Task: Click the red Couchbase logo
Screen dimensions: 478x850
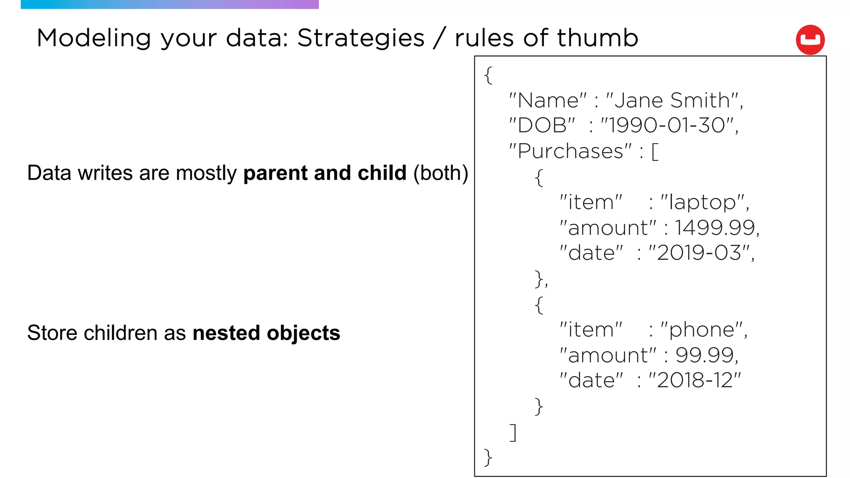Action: coord(810,40)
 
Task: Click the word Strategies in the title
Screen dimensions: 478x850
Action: coord(361,38)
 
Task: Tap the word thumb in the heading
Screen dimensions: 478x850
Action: coord(597,38)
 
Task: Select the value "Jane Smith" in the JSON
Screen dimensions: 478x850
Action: coord(672,100)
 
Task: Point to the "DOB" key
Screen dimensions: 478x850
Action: coord(542,125)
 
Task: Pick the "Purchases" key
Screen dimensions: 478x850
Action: coord(570,151)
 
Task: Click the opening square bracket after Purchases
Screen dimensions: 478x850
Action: coord(655,152)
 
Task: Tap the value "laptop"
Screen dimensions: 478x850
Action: coord(703,202)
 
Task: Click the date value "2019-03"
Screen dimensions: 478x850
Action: coord(699,253)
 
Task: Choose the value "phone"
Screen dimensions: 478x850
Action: coord(702,330)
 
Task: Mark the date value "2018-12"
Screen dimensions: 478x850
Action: coord(695,380)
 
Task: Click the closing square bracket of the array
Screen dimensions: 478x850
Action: coord(513,432)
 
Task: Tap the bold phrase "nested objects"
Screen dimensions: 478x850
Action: coord(266,333)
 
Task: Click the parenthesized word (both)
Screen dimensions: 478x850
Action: coord(440,173)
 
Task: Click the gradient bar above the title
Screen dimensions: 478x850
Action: coord(169,4)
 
